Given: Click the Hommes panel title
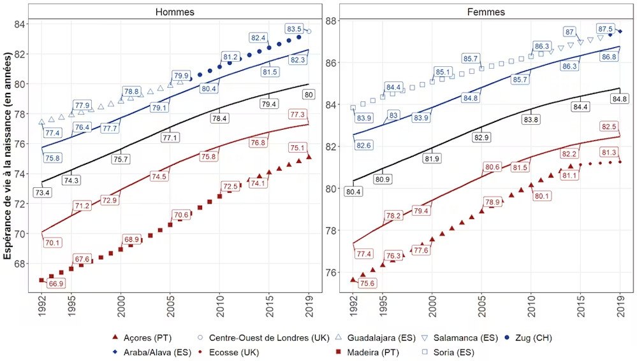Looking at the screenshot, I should click(175, 12).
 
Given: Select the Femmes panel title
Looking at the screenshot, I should click(486, 12).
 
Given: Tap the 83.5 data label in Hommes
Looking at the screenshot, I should click(294, 29).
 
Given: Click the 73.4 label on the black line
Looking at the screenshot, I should click(42, 192).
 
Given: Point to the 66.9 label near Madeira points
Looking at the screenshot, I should click(56, 283).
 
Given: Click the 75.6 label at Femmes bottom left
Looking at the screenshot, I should click(368, 283).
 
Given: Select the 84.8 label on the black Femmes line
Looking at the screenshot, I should click(618, 99).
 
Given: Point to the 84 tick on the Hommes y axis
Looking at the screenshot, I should click(21, 24).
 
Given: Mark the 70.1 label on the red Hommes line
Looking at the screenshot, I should click(53, 243).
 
